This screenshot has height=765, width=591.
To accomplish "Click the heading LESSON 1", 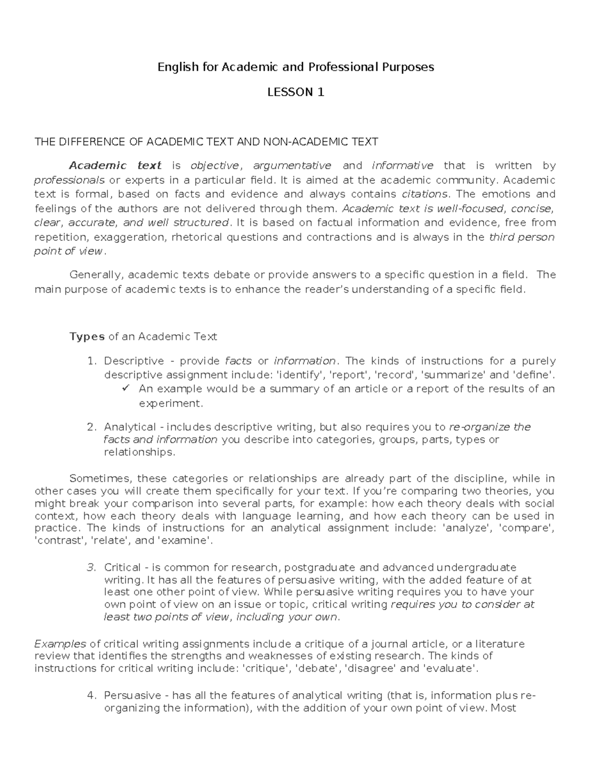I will (x=295, y=92).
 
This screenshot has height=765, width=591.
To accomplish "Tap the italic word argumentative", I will (x=292, y=166).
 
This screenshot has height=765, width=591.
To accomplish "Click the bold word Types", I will (x=87, y=337).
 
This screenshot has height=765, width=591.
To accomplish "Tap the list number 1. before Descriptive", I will (x=91, y=362).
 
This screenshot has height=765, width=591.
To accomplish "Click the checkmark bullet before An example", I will (x=125, y=389).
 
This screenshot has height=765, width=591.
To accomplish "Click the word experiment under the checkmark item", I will (x=170, y=404).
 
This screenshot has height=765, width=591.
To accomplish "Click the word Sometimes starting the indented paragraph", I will (x=100, y=479).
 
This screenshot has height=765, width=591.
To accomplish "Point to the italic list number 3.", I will (x=91, y=568).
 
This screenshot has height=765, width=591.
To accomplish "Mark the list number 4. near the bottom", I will (x=91, y=696).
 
